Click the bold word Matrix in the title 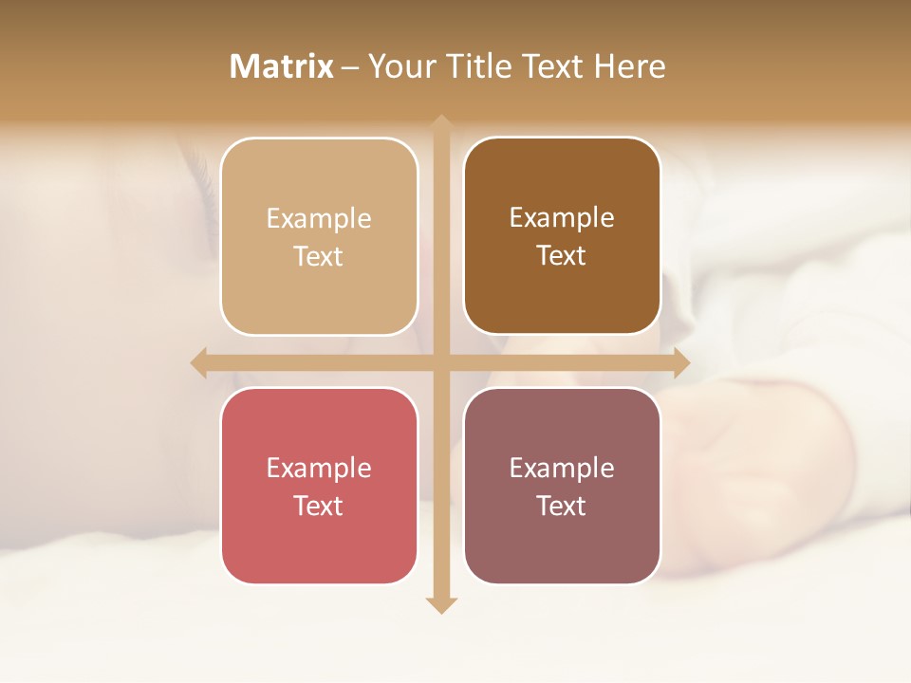tap(282, 66)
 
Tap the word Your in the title tap(399, 66)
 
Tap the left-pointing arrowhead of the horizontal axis tap(199, 363)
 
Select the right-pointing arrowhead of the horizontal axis tap(680, 363)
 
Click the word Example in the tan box tap(319, 219)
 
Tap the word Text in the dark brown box tap(561, 256)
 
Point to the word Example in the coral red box tap(319, 469)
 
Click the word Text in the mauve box tap(561, 507)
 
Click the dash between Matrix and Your tap(350, 67)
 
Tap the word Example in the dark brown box tap(562, 218)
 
